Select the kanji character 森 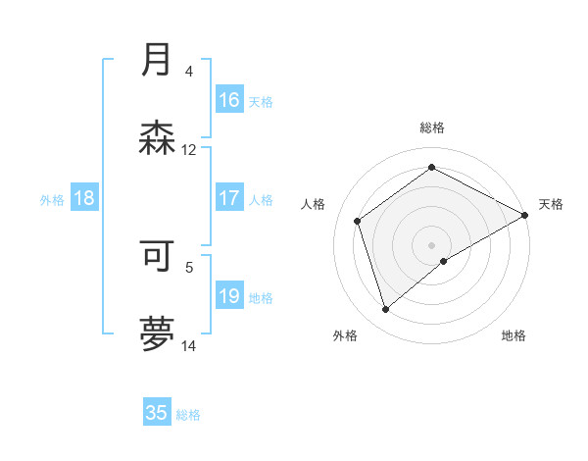click(157, 138)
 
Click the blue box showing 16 click(229, 100)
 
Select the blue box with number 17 click(229, 198)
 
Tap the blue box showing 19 click(229, 296)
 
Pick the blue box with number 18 click(84, 198)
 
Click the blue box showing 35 click(157, 413)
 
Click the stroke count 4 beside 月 click(189, 71)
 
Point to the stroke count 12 click(189, 150)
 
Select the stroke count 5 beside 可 click(189, 265)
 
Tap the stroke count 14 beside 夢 click(189, 346)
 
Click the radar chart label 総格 click(432, 128)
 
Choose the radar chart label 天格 click(551, 204)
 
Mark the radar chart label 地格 click(514, 335)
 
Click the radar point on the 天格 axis click(525, 215)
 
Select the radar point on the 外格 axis click(385, 310)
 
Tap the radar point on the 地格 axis click(444, 261)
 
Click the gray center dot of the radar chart click(432, 244)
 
